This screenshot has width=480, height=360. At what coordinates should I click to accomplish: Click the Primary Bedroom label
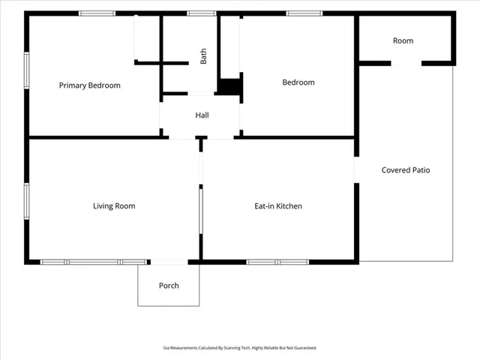(90, 85)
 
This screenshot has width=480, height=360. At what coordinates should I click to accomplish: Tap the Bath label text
(203, 56)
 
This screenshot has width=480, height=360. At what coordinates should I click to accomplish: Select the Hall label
(202, 115)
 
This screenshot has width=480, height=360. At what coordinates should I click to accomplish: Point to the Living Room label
(114, 206)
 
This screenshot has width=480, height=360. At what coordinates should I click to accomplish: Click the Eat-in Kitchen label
(278, 206)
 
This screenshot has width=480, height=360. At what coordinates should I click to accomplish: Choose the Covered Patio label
(406, 170)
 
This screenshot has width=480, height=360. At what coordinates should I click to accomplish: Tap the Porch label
(169, 286)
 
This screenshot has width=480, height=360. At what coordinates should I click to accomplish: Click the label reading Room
(403, 40)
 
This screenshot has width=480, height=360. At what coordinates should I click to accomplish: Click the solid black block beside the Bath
(230, 86)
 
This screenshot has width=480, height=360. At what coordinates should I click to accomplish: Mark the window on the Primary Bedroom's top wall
(97, 13)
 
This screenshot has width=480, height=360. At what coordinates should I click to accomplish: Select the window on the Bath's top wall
(202, 13)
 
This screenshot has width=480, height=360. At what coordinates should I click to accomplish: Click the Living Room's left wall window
(27, 201)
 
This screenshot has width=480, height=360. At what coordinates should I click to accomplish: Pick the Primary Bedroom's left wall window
(27, 70)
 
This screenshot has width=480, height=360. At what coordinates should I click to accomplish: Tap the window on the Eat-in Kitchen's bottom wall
(277, 262)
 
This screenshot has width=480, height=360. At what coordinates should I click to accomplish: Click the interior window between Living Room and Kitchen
(201, 211)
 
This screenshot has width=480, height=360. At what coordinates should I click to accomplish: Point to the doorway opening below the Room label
(406, 64)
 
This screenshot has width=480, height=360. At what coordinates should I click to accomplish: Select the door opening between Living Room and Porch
(169, 262)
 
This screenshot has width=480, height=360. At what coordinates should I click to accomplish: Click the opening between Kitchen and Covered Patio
(357, 170)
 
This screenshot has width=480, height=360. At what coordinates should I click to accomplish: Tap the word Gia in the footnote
(166, 348)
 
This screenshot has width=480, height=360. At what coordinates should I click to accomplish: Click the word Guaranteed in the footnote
(307, 348)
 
